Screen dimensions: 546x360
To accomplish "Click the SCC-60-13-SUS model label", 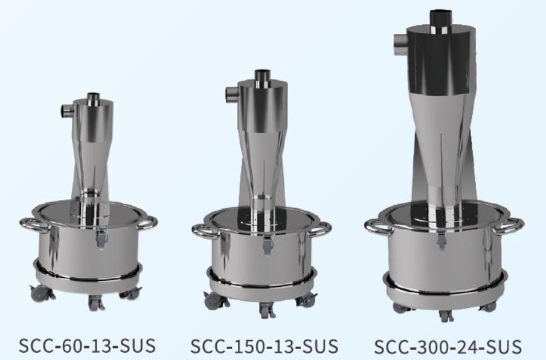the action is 87,346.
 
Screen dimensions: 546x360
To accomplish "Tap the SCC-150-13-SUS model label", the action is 265,346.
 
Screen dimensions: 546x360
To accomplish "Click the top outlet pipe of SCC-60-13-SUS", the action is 94,99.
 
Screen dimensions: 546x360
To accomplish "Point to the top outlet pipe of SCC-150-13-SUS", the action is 263,79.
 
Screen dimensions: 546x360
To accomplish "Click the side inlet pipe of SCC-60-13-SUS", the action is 68,111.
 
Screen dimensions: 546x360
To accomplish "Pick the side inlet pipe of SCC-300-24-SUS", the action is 401,44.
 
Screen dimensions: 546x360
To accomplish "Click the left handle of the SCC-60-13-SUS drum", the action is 34,223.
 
